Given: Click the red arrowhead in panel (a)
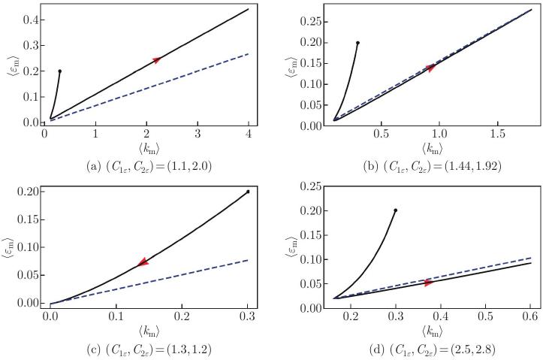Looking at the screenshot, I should pos(157,59).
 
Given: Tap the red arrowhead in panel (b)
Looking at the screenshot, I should pos(431,68).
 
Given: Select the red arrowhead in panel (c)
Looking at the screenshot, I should pos(143,262).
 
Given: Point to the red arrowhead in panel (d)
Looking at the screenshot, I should pos(429,283).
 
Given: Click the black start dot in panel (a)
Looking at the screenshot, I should pos(59,71).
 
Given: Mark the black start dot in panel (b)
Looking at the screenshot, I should pos(357,43).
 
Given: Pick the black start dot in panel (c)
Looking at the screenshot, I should pos(248,192).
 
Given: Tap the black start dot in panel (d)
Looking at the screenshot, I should pos(395,210).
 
